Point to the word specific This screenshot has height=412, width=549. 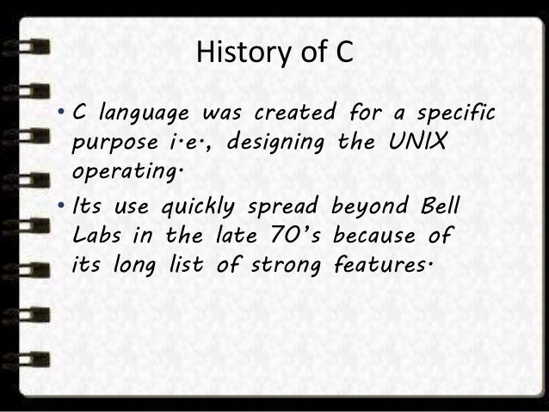pos(460,114)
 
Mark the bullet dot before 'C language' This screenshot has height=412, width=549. pos(64,114)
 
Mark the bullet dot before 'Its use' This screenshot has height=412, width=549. pos(64,208)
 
